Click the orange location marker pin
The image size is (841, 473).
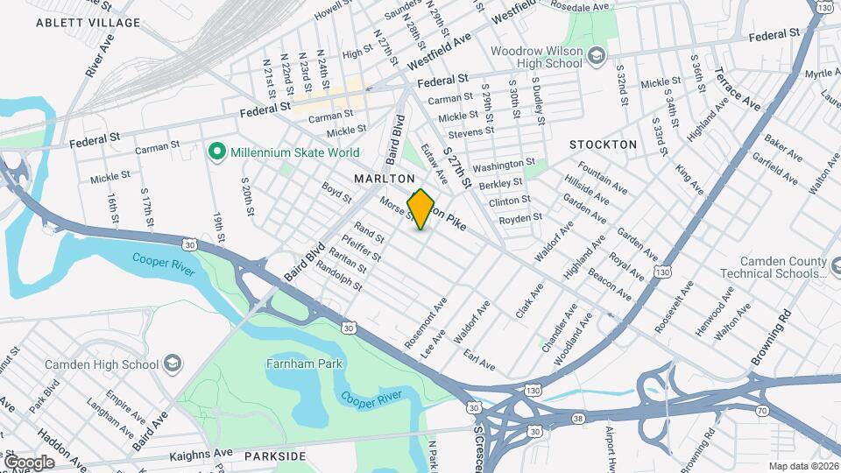coord(421,208)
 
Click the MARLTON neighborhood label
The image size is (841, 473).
coord(384,178)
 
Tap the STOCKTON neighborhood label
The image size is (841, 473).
coord(603,144)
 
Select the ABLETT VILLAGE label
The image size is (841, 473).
coord(76,23)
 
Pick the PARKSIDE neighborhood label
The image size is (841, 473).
coord(275,456)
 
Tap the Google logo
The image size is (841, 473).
coord(29,462)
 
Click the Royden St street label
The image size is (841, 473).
coord(520,218)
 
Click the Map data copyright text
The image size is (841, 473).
coord(802,466)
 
